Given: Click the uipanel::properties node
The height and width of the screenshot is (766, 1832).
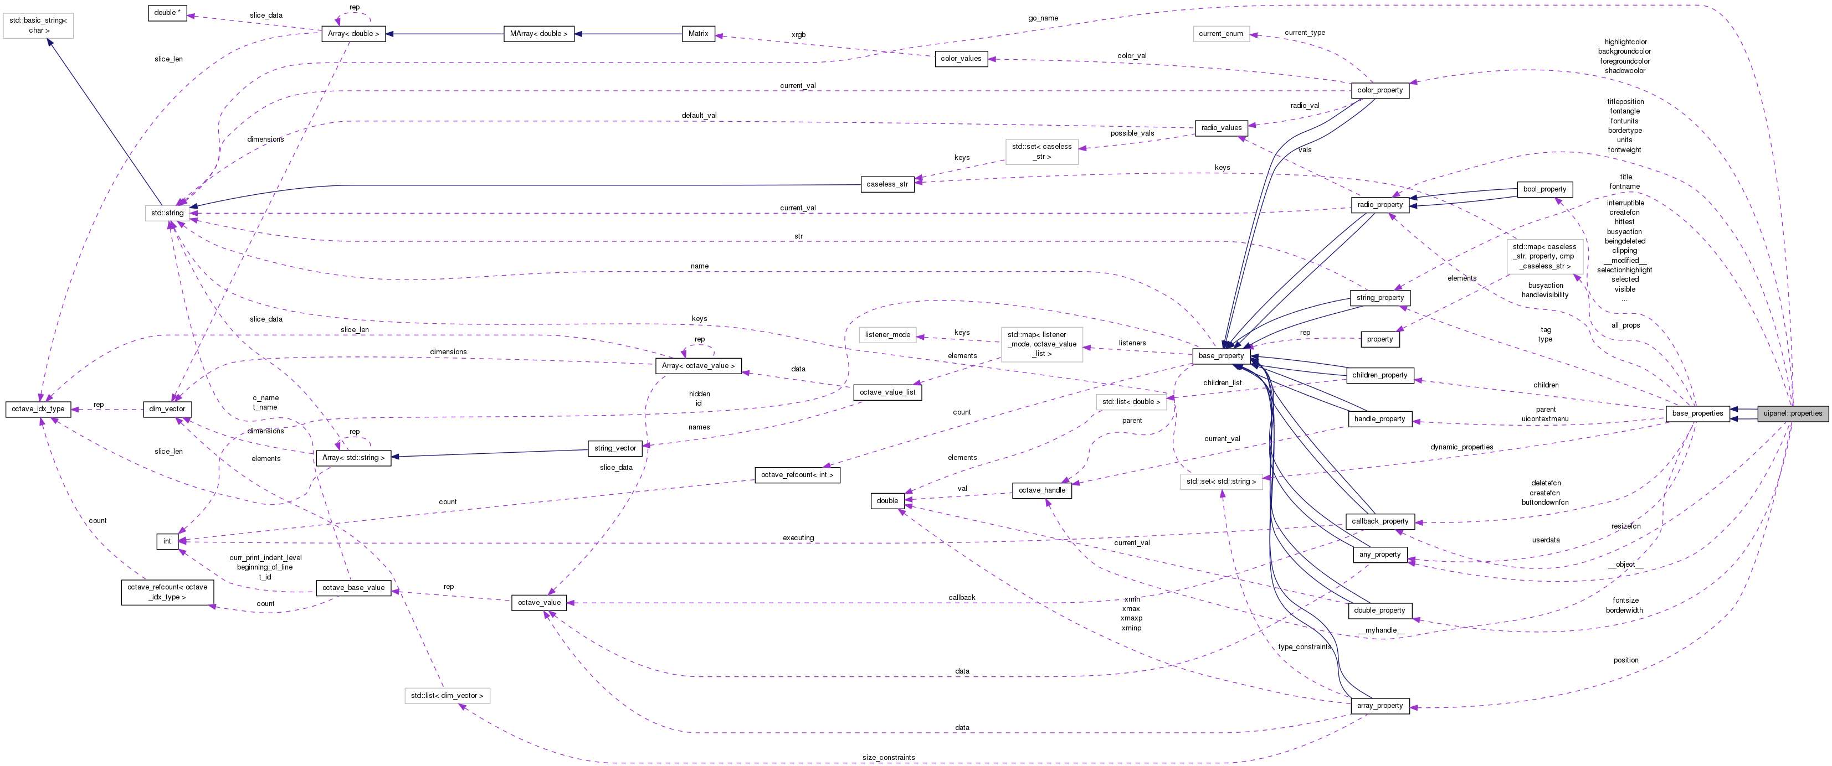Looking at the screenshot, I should pyautogui.click(x=1792, y=413).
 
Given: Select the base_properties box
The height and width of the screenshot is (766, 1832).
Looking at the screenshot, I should pyautogui.click(x=1697, y=413).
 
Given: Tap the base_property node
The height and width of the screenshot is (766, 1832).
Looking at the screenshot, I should pyautogui.click(x=1220, y=356).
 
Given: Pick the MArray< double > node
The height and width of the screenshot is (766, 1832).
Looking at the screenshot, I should pyautogui.click(x=538, y=33).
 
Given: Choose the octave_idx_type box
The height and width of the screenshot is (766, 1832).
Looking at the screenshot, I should pyautogui.click(x=38, y=410).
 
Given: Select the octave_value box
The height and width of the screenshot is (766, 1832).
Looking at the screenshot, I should pyautogui.click(x=539, y=603).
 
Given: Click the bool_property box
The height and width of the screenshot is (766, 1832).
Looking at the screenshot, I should pyautogui.click(x=1543, y=189).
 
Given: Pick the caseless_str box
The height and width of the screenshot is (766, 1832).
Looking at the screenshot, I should pyautogui.click(x=887, y=184).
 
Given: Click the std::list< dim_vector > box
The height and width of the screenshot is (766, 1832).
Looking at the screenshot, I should pyautogui.click(x=447, y=696).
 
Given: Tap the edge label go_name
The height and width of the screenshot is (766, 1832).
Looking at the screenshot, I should pyautogui.click(x=1043, y=18).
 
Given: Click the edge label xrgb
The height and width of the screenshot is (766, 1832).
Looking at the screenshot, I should pyautogui.click(x=798, y=35).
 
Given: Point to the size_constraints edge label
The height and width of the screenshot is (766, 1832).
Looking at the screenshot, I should pyautogui.click(x=888, y=758).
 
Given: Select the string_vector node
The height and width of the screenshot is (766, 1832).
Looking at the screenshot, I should pyautogui.click(x=615, y=448).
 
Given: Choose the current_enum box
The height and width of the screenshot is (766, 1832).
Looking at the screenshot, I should pyautogui.click(x=1220, y=33).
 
